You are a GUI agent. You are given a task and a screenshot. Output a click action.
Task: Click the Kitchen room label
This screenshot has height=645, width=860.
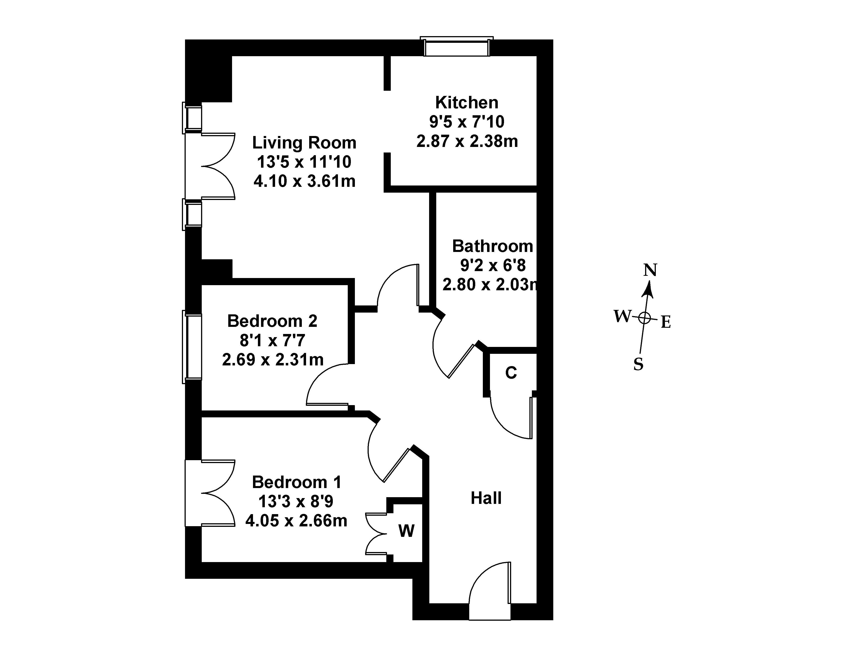click(467, 103)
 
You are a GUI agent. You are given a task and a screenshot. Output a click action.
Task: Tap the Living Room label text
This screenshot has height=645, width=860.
click(304, 143)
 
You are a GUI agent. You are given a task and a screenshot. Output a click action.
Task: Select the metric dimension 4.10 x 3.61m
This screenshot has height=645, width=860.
click(304, 181)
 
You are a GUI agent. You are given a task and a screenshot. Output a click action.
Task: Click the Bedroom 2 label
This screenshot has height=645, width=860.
click(272, 321)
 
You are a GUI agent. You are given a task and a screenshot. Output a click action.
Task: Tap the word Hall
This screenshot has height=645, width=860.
click(486, 498)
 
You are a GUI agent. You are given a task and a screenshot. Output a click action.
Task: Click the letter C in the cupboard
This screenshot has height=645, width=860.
click(511, 373)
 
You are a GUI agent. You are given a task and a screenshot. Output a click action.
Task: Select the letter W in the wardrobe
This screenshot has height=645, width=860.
click(406, 531)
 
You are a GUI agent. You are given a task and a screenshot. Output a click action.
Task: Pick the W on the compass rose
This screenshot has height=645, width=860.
click(621, 316)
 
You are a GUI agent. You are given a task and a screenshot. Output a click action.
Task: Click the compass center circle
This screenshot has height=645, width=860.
click(644, 318)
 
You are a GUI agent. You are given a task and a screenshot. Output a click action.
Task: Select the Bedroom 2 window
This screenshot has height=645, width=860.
click(192, 346)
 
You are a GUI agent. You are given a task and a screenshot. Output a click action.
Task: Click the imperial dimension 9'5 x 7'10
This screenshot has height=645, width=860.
click(467, 122)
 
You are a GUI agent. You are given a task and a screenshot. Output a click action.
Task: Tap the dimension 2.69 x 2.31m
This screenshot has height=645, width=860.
click(273, 360)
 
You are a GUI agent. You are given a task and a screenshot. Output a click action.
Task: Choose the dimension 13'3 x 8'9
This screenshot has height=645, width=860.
click(296, 502)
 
